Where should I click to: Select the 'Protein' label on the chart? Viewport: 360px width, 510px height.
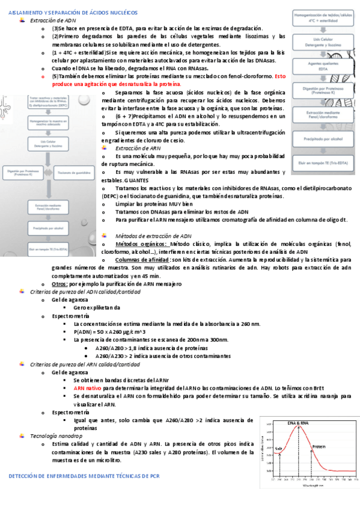[319, 447]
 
